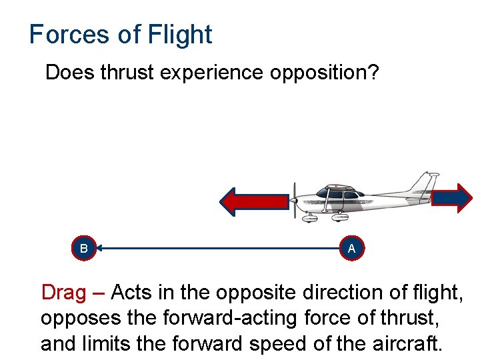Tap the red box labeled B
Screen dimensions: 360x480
pyautogui.click(x=84, y=249)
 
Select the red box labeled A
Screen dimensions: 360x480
pyautogui.click(x=351, y=249)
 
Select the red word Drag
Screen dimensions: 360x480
pyautogui.click(x=63, y=293)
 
